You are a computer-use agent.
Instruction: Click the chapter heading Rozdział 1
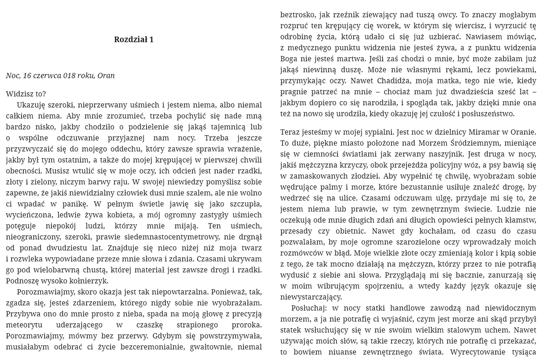pos(134,39)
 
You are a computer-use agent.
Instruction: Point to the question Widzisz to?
pos(26,94)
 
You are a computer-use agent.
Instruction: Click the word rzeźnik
pos(345,15)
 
